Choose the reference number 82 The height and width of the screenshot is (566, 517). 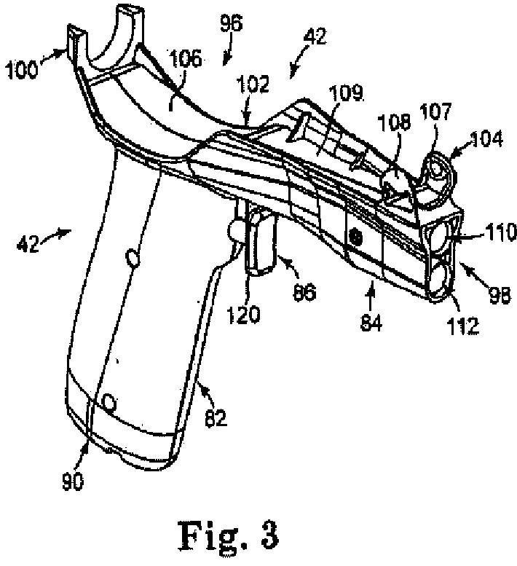(217, 417)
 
